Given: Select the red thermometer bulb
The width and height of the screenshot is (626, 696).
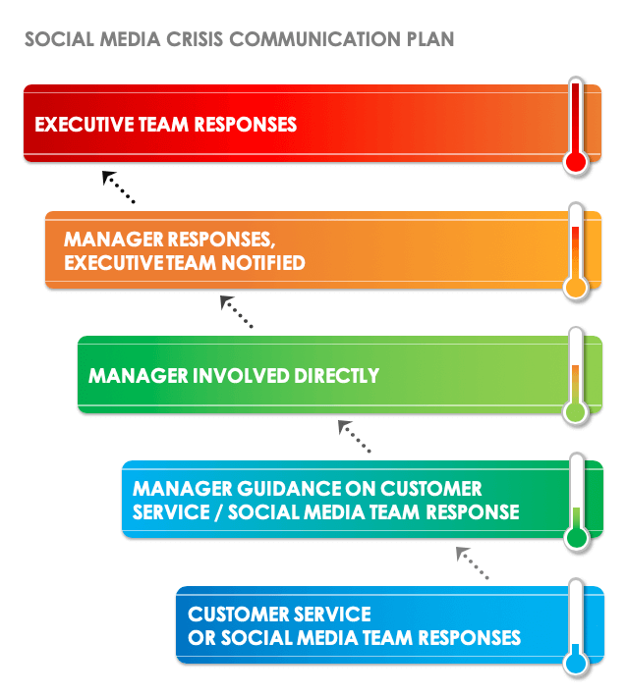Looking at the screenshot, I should pyautogui.click(x=576, y=162).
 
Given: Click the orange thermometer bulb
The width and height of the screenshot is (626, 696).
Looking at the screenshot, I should pyautogui.click(x=576, y=288).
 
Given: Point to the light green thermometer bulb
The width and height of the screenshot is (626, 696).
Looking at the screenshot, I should pyautogui.click(x=576, y=412).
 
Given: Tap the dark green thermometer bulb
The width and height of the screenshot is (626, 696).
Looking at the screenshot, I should pyautogui.click(x=576, y=538).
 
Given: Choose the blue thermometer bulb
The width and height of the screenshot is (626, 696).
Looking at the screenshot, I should pyautogui.click(x=576, y=664).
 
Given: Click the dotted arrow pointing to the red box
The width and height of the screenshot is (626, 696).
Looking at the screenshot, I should pyautogui.click(x=117, y=186).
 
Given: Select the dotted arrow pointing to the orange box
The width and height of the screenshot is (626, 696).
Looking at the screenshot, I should pyautogui.click(x=236, y=311).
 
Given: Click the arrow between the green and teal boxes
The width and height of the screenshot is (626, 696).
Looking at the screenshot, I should pyautogui.click(x=354, y=436).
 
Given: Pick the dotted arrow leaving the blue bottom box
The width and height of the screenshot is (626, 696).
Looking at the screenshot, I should pyautogui.click(x=472, y=562).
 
